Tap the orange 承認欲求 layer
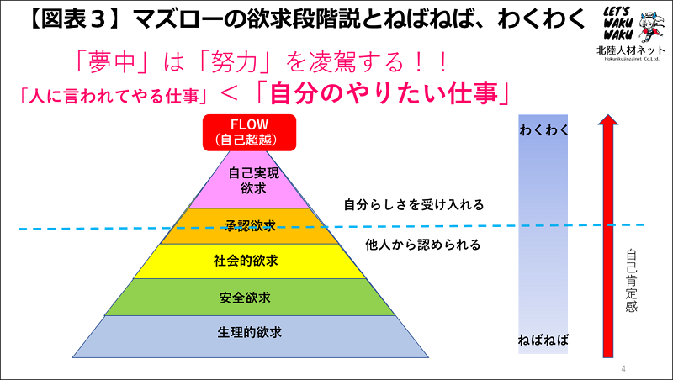pyautogui.click(x=250, y=225)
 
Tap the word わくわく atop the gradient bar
pyautogui.click(x=544, y=129)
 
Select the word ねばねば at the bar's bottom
pyautogui.click(x=543, y=340)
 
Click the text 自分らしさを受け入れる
pyautogui.click(x=414, y=204)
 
